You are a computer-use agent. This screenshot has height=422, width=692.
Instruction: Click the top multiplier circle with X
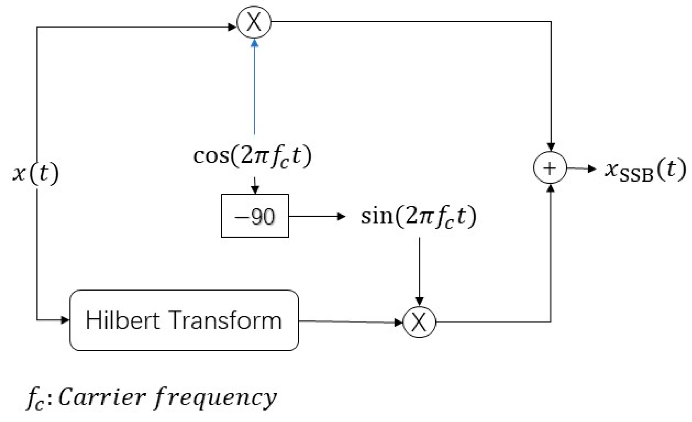(x=254, y=22)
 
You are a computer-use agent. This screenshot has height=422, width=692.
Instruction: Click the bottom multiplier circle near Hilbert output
(x=419, y=322)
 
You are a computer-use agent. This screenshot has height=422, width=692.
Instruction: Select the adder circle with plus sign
(x=550, y=168)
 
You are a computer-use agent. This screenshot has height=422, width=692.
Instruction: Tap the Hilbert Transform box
(x=184, y=320)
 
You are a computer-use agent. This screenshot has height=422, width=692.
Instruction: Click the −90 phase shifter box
(x=255, y=216)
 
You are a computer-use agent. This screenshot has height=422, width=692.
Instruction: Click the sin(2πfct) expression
(x=419, y=217)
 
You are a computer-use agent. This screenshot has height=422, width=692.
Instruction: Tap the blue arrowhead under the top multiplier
(x=255, y=44)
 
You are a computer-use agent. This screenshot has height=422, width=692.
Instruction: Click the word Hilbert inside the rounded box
(x=122, y=320)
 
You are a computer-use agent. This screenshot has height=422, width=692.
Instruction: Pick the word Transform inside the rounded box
(x=227, y=320)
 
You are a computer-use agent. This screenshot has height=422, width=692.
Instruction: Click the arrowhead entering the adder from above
(x=551, y=147)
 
